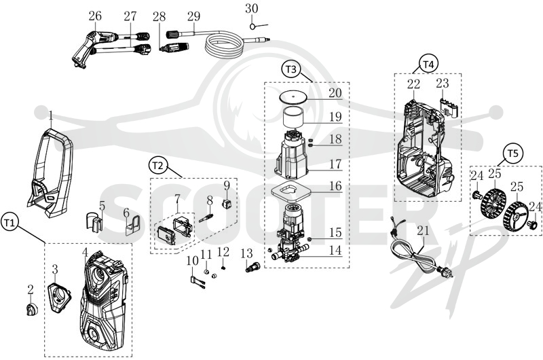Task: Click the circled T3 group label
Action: (x=291, y=69)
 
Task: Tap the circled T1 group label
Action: (x=10, y=223)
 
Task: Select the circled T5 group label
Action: (x=513, y=154)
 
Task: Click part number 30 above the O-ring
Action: (x=251, y=9)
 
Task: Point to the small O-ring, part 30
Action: (x=253, y=26)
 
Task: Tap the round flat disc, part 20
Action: (x=293, y=96)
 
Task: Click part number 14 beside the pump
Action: (x=335, y=250)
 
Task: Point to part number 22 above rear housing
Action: (x=413, y=84)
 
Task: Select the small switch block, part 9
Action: (x=227, y=204)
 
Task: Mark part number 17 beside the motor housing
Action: (x=335, y=164)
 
